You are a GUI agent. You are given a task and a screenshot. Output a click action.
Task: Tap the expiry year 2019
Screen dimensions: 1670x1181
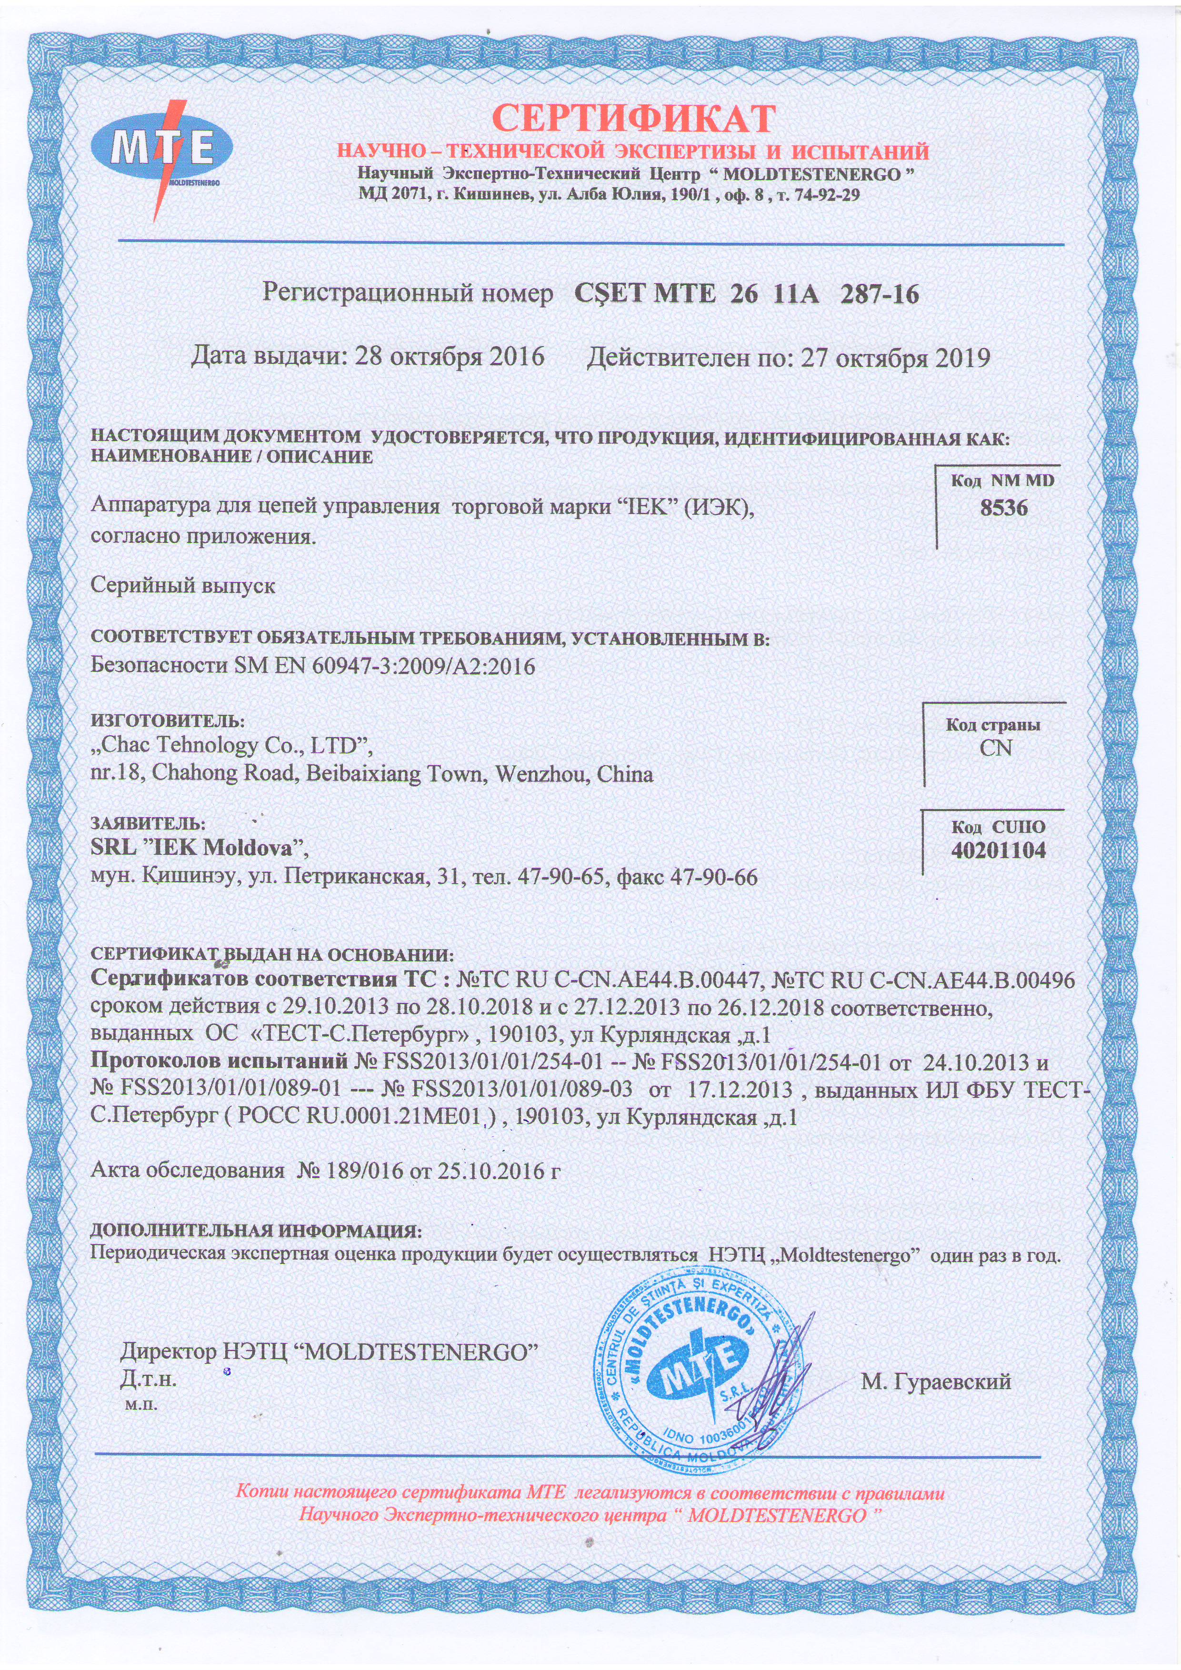coord(961,358)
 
